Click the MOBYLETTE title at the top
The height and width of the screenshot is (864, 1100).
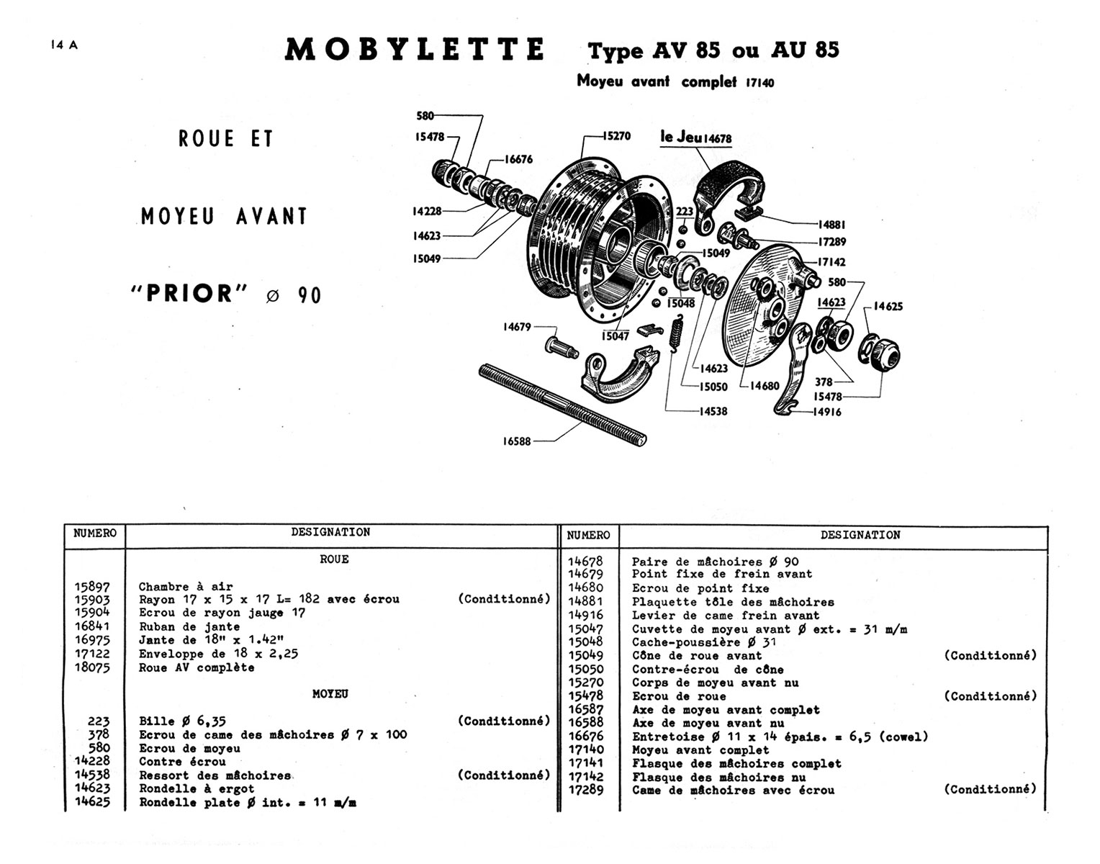pos(415,50)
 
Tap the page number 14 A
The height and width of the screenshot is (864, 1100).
pos(64,45)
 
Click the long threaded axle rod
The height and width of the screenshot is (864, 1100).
pos(562,405)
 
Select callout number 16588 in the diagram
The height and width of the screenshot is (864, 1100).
pos(516,441)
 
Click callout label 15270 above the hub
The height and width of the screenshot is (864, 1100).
pos(616,135)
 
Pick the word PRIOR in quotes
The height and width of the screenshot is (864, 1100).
pos(189,294)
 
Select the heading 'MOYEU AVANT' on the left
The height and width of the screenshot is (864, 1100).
pos(224,216)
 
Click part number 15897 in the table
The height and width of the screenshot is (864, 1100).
pos(92,587)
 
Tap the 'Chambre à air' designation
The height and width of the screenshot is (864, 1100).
pos(185,587)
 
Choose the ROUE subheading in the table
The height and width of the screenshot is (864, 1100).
pos(334,559)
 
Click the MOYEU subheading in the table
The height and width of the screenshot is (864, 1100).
pos(330,694)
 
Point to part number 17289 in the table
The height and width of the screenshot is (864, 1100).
pos(585,790)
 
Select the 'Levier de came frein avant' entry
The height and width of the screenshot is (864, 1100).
pos(725,615)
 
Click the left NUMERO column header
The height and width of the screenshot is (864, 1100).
pos(94,534)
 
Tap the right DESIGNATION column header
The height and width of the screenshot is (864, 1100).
pos(860,535)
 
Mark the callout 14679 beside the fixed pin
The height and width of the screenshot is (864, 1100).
pos(516,327)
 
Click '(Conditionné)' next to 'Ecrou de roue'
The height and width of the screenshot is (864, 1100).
pos(990,696)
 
